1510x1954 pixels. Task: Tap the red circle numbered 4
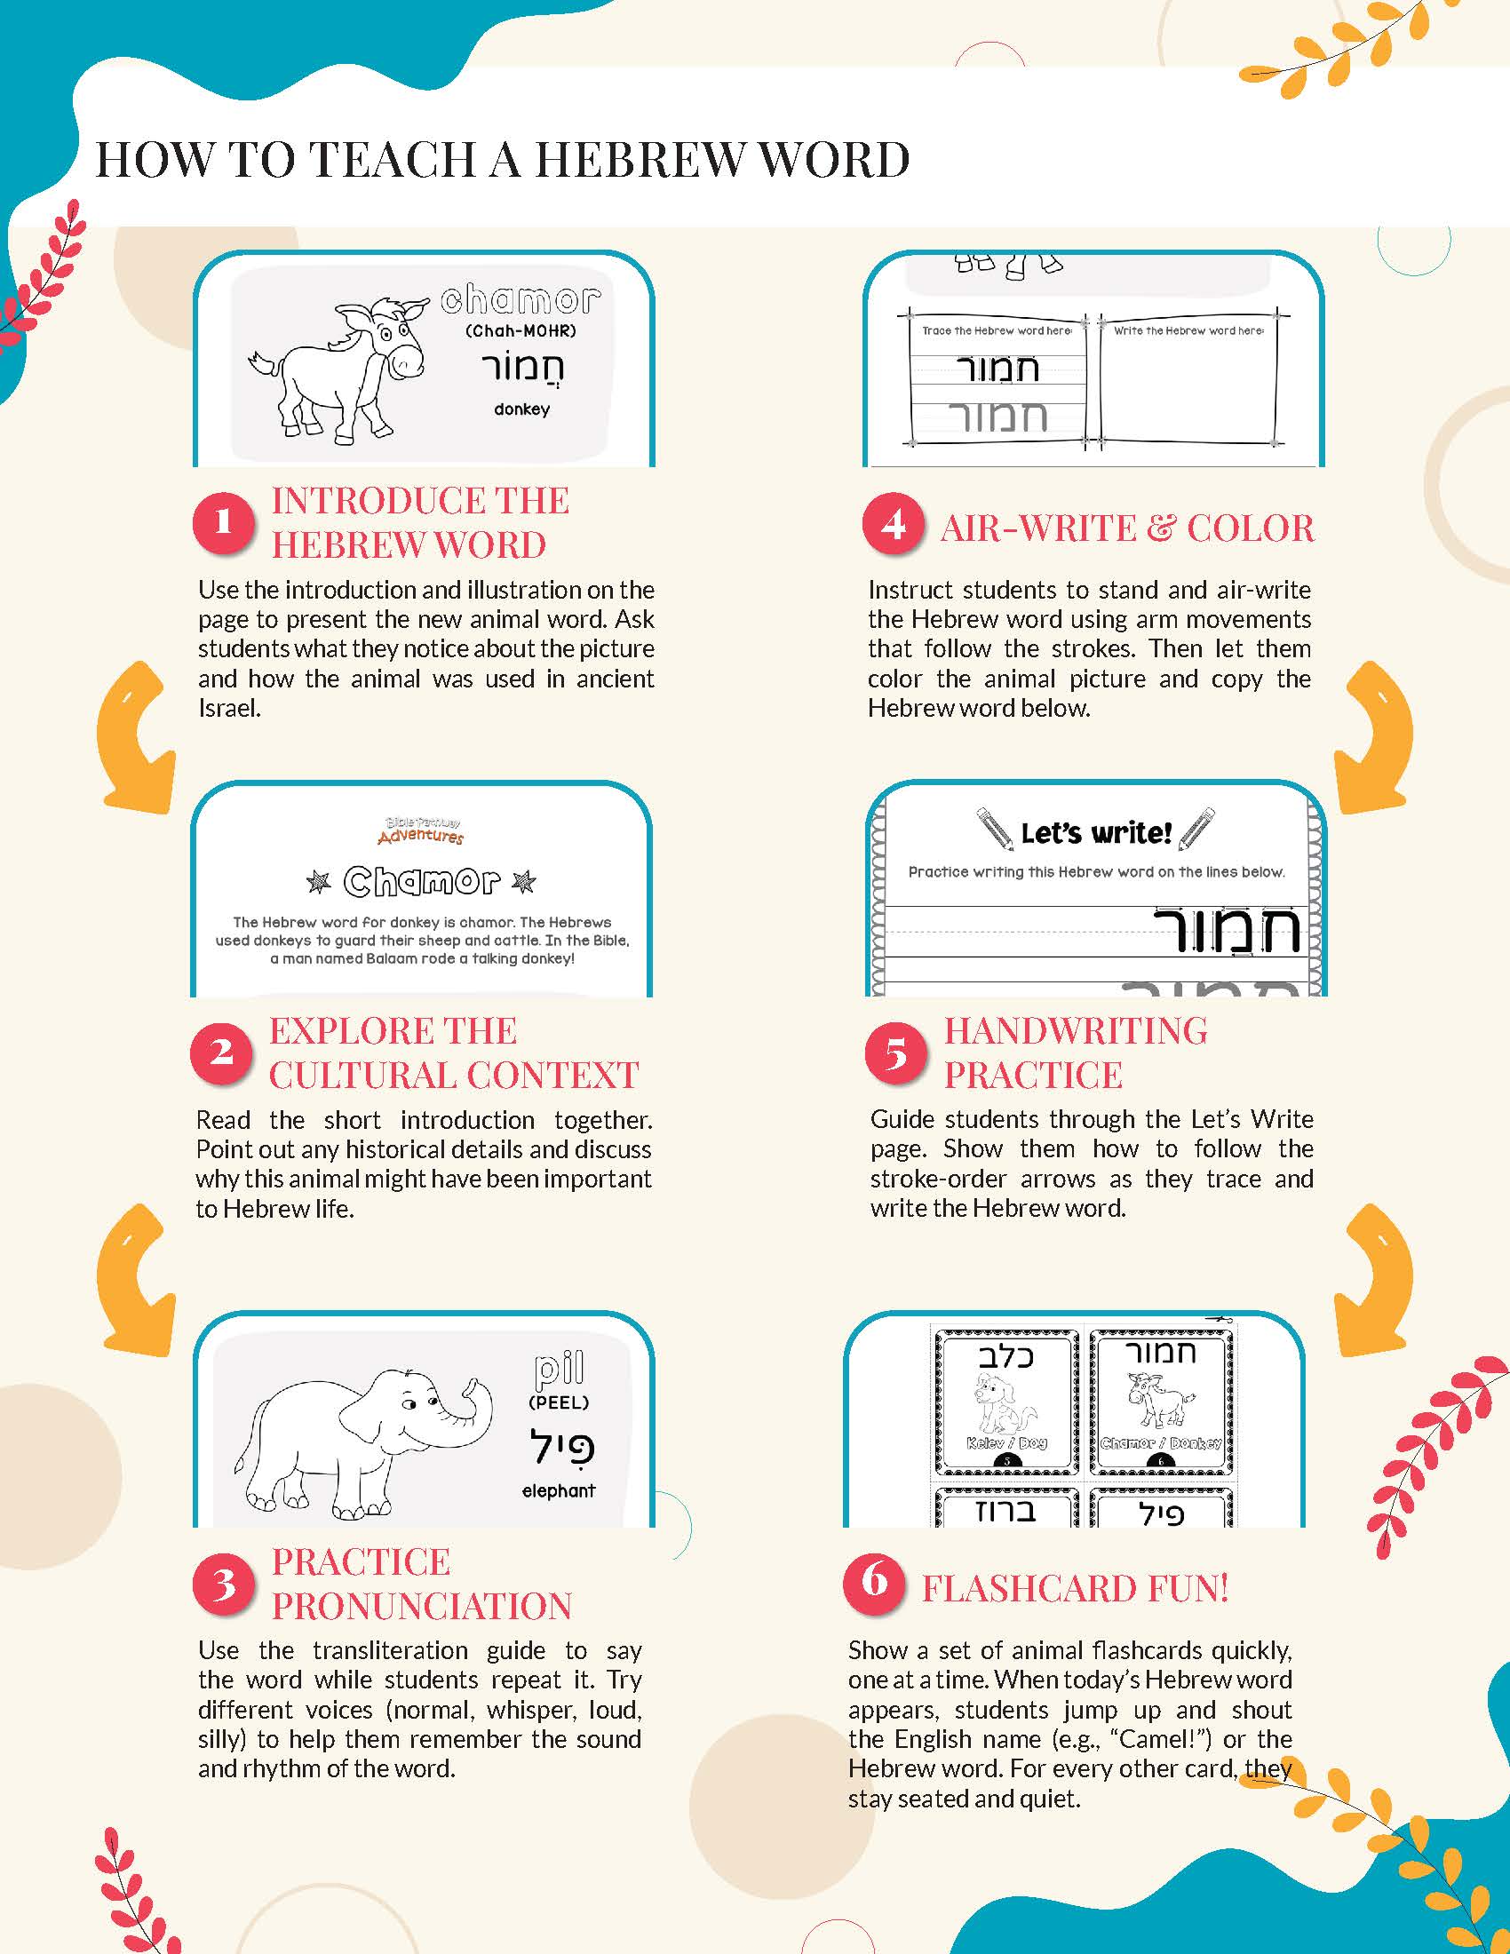coord(893,524)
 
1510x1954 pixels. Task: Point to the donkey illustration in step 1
coord(338,368)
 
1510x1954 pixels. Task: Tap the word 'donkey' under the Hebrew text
coord(521,409)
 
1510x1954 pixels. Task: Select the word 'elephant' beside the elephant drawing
coord(558,1490)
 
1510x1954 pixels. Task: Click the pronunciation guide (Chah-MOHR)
coord(521,330)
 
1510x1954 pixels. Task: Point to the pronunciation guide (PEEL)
coord(559,1402)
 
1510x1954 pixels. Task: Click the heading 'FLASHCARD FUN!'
coord(1076,1588)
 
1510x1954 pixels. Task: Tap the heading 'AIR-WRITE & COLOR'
coord(1127,528)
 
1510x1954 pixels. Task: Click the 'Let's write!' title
coord(1096,833)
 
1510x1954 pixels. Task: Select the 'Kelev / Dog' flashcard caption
coord(1006,1442)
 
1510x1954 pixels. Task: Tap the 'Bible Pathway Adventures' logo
coord(420,830)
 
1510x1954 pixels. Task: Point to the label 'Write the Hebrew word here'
coord(1188,330)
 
